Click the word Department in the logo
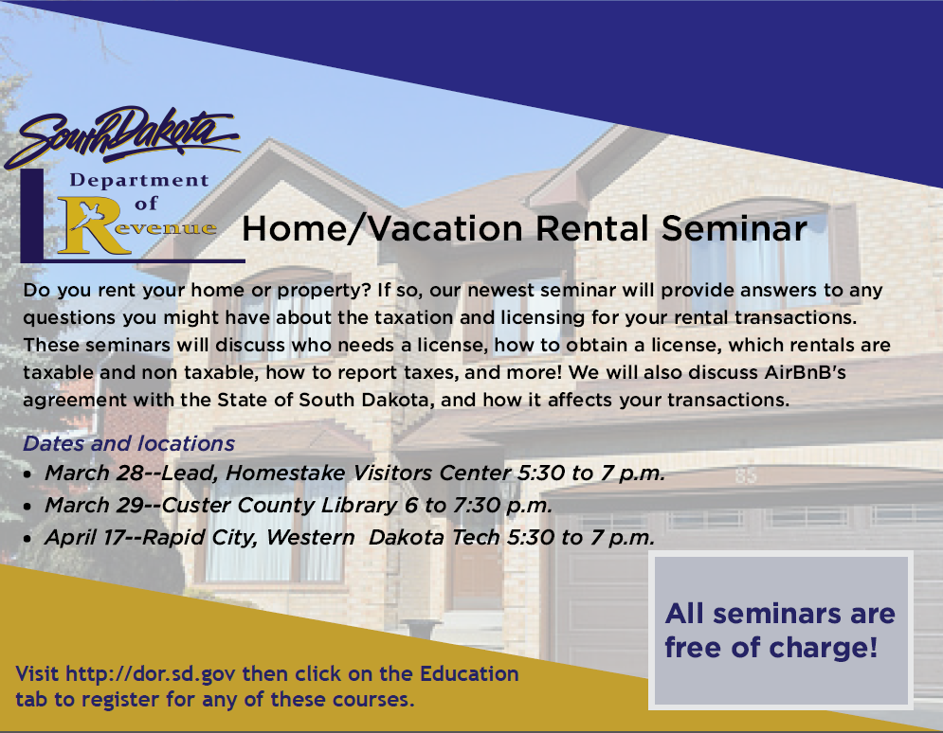pyautogui.click(x=139, y=181)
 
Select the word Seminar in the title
pyautogui.click(x=734, y=228)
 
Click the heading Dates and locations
pyautogui.click(x=129, y=443)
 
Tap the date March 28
pyautogui.click(x=94, y=473)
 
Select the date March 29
pyautogui.click(x=94, y=505)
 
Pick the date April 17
pyautogui.click(x=84, y=537)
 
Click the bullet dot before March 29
pyautogui.click(x=27, y=507)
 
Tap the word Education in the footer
pyautogui.click(x=469, y=673)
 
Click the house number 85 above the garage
pyautogui.click(x=745, y=476)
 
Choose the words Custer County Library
pyautogui.click(x=279, y=506)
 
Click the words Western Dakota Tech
pyautogui.click(x=383, y=537)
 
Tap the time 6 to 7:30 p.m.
pyautogui.click(x=478, y=506)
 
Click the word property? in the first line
pyautogui.click(x=323, y=291)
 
